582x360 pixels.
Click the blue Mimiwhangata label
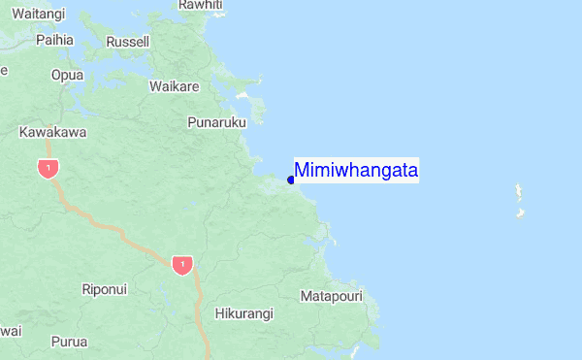coord(356,171)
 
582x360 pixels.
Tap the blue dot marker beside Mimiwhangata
coord(291,180)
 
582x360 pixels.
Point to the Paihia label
coord(54,40)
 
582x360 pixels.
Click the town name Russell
coord(128,42)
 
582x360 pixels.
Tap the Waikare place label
coord(175,86)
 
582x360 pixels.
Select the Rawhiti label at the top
coord(201,5)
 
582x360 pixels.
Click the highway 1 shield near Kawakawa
coord(47,168)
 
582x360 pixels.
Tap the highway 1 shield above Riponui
coord(179,264)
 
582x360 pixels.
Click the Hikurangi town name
coord(243,313)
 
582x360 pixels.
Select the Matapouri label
coord(332,295)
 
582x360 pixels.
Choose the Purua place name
coord(69,342)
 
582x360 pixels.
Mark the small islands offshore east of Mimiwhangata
coord(520,199)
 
